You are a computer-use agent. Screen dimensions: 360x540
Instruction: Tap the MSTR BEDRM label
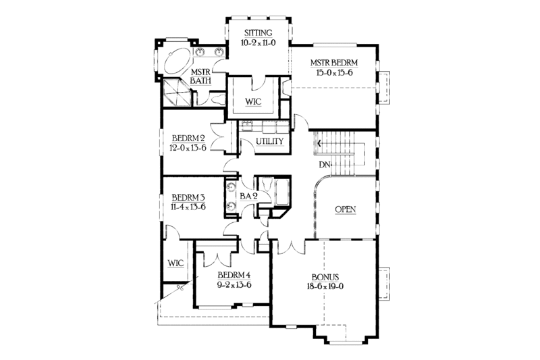coord(334,63)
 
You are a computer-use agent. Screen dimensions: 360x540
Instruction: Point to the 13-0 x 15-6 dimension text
coord(334,73)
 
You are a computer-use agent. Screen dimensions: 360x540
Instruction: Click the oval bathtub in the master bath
coord(176,63)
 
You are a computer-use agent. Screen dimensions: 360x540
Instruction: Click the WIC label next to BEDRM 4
coord(176,262)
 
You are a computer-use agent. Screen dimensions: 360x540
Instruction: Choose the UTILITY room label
coord(260,142)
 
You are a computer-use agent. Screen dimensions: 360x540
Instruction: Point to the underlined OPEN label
coord(346,209)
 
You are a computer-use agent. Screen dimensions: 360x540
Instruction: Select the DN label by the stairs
coord(325,164)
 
